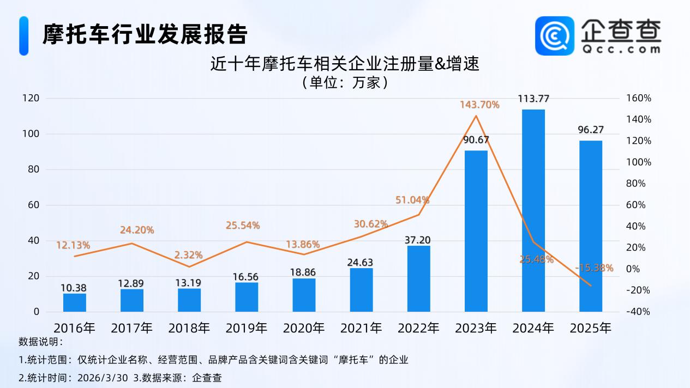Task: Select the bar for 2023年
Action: tap(476, 231)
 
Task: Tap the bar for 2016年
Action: tap(74, 302)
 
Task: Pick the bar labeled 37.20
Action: tap(418, 278)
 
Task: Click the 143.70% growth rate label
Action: tap(479, 105)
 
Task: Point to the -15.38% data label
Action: tap(594, 268)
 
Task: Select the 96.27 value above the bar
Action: tap(591, 130)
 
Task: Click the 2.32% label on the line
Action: tap(189, 254)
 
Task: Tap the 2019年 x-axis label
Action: tap(247, 328)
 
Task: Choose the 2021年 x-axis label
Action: tap(361, 328)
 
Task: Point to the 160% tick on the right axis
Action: tap(639, 98)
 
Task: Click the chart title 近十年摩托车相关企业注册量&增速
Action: tap(345, 64)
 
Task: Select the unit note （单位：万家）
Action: tap(345, 82)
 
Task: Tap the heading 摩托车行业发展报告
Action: tap(145, 34)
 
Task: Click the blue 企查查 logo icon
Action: tap(554, 35)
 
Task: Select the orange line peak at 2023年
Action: tap(476, 116)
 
